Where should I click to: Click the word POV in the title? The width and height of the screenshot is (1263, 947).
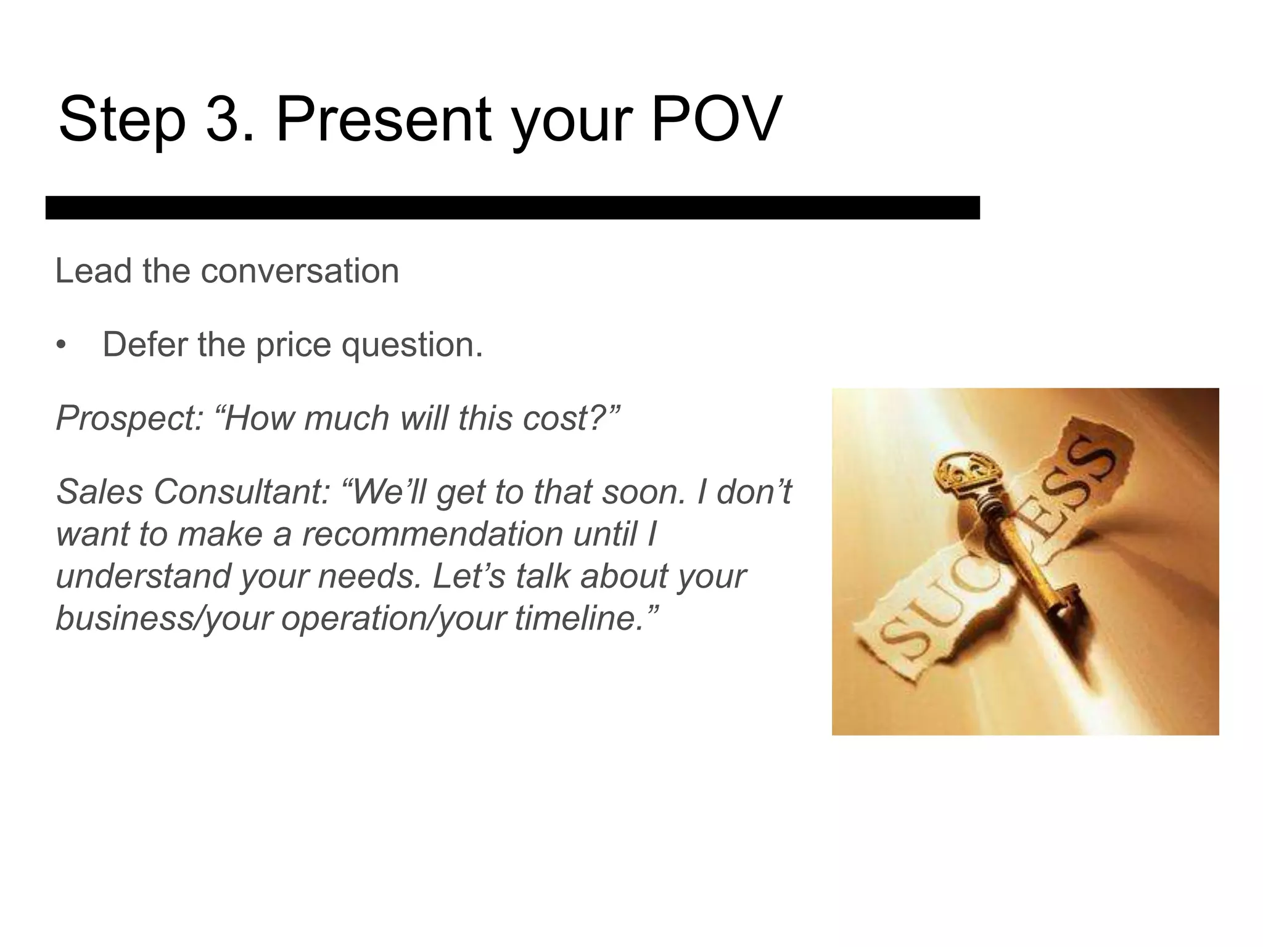pyautogui.click(x=716, y=118)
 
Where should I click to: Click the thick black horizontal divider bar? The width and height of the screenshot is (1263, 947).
pyautogui.click(x=512, y=208)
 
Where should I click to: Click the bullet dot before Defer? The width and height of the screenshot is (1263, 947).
pyautogui.click(x=60, y=345)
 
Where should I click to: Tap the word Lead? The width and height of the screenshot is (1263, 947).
pyautogui.click(x=93, y=271)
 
